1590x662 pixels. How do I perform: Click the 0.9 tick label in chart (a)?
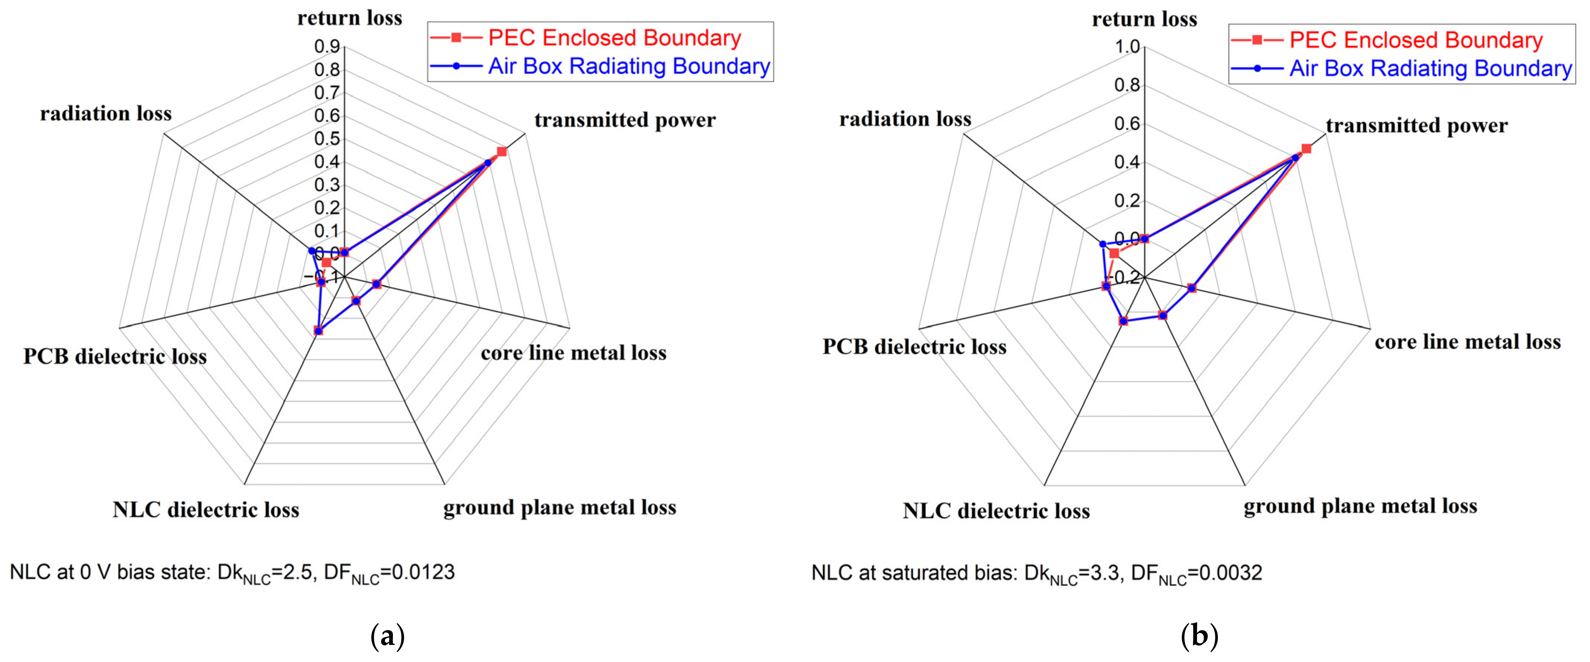(x=327, y=47)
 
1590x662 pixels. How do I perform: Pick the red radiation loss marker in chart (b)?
(x=1114, y=253)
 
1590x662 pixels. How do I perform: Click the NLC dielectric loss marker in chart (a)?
(x=318, y=331)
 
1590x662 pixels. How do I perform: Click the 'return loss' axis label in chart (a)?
(x=349, y=18)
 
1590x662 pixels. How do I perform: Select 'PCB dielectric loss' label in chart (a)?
(x=115, y=356)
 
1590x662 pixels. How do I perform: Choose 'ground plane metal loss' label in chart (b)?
(x=1361, y=506)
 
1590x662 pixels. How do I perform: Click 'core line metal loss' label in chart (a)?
(x=574, y=353)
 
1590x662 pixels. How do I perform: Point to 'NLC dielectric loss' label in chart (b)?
(x=996, y=511)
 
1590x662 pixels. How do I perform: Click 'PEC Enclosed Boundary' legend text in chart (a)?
(x=614, y=38)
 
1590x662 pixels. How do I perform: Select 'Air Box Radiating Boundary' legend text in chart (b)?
(x=1430, y=68)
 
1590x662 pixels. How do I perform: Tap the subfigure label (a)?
(x=387, y=636)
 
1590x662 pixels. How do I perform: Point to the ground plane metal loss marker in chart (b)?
(x=1163, y=315)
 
